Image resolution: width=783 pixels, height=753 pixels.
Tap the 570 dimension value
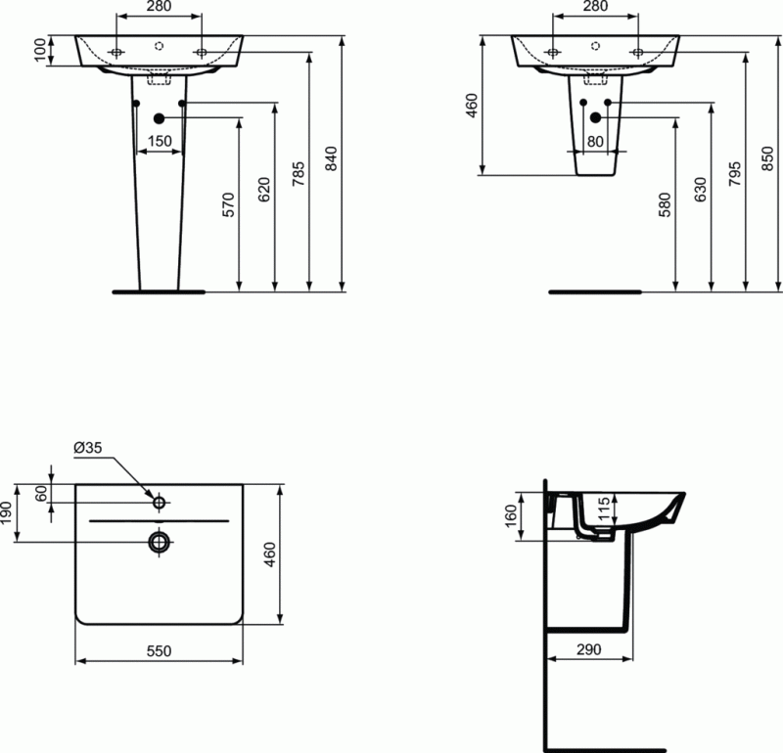tap(229, 203)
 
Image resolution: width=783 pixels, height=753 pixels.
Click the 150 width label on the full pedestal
tap(160, 141)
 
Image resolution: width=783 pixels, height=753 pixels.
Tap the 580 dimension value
tap(666, 203)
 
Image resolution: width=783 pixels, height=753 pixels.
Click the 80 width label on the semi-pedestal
tap(594, 141)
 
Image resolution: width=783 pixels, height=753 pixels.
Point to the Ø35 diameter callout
tap(87, 448)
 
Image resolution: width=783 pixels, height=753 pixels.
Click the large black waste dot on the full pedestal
tap(160, 118)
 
